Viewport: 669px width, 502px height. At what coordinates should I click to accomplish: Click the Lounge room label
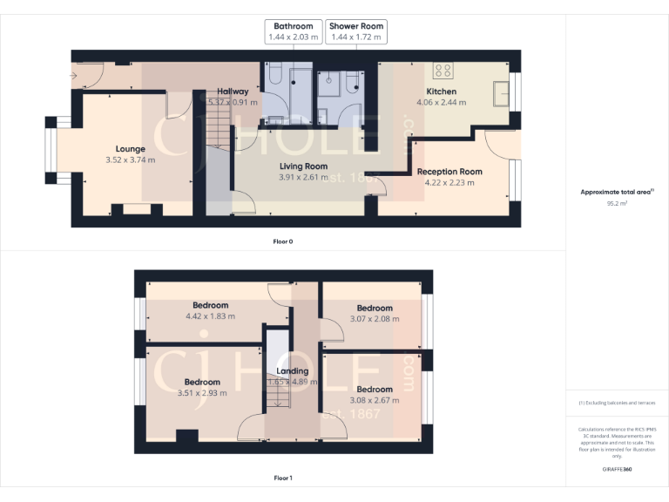pyautogui.click(x=131, y=149)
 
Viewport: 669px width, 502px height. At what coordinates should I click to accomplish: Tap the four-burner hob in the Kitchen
pyautogui.click(x=443, y=71)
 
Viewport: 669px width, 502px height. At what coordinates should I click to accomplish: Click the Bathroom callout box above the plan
pyautogui.click(x=293, y=32)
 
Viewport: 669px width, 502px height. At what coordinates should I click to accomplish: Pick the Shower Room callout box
pyautogui.click(x=355, y=32)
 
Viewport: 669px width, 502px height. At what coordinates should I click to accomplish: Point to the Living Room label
pyautogui.click(x=303, y=166)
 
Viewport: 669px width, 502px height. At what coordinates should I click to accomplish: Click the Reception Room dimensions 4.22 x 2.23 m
pyautogui.click(x=449, y=183)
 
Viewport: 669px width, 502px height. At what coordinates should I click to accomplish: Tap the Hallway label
pyautogui.click(x=233, y=92)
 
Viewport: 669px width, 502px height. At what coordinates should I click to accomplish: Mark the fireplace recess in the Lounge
pyautogui.click(x=136, y=209)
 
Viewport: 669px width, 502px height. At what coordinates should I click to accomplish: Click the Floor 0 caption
pyautogui.click(x=282, y=241)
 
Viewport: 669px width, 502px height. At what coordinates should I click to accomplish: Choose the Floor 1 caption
pyautogui.click(x=282, y=478)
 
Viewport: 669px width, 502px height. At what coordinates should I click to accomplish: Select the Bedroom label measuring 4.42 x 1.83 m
pyautogui.click(x=211, y=305)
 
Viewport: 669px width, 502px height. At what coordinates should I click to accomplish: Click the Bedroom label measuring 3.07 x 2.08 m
pyautogui.click(x=374, y=308)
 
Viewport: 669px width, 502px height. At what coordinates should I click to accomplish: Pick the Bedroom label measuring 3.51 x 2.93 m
pyautogui.click(x=202, y=382)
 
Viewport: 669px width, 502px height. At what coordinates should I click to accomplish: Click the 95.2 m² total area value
pyautogui.click(x=617, y=202)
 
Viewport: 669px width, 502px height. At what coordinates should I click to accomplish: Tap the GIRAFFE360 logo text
pyautogui.click(x=617, y=469)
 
